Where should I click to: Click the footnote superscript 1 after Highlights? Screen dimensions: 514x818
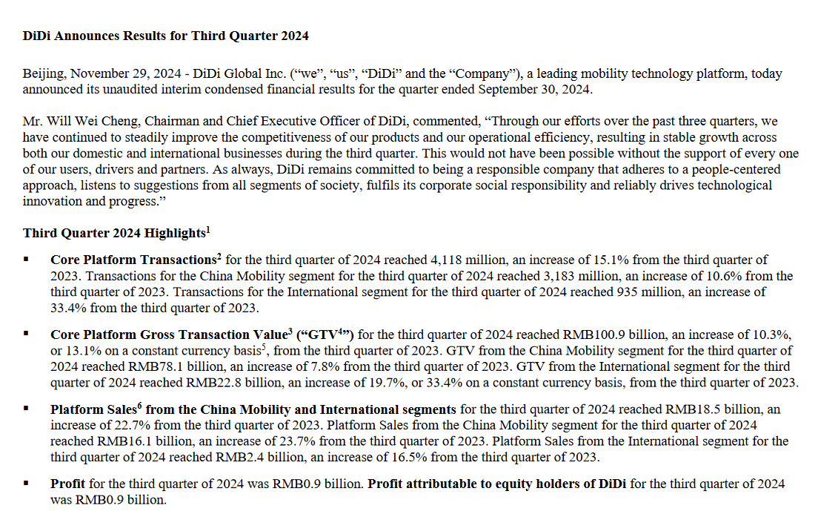[x=208, y=229]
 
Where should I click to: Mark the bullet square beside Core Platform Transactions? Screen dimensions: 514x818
[x=26, y=260]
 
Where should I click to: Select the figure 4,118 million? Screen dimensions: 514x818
[x=459, y=260]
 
